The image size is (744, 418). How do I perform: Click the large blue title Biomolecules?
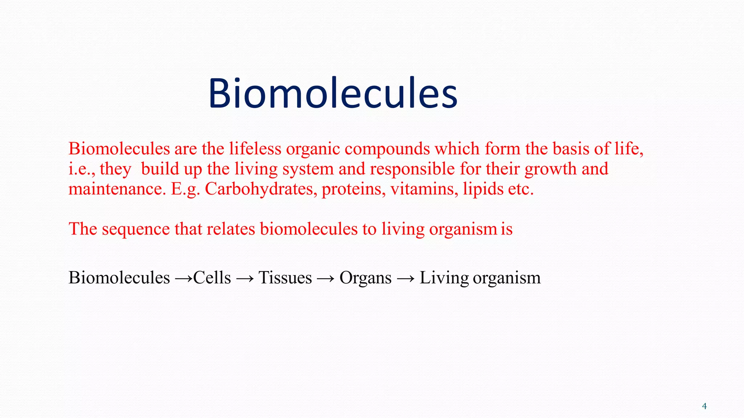(x=332, y=93)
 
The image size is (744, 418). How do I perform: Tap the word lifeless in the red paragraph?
(x=255, y=149)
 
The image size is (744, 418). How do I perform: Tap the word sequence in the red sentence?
(x=136, y=229)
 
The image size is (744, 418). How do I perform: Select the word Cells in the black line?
(x=212, y=278)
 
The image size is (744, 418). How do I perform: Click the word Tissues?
(x=285, y=278)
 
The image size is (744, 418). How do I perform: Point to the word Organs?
(x=365, y=278)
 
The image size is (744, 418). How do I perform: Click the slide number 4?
(x=704, y=406)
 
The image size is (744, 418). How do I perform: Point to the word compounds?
(x=387, y=149)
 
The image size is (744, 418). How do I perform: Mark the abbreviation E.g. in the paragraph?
(x=185, y=189)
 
